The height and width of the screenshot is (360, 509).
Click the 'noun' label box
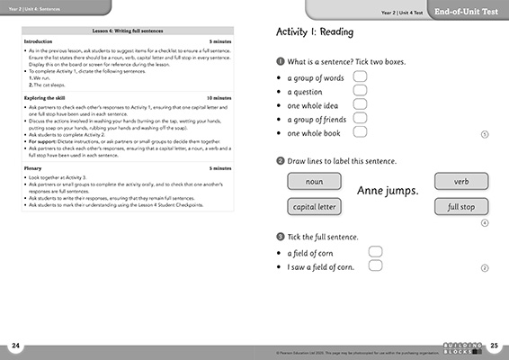click(x=315, y=182)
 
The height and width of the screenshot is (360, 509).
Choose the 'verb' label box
click(x=461, y=182)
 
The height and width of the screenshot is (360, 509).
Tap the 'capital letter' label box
click(x=315, y=207)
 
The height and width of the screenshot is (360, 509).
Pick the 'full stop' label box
click(x=461, y=207)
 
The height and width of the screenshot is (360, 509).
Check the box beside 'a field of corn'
click(x=376, y=252)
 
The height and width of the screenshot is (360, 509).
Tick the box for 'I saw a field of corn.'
click(x=376, y=266)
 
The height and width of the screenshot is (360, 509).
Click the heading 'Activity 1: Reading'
click(x=314, y=32)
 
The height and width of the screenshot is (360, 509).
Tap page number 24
click(x=15, y=346)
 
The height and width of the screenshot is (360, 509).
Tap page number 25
click(x=493, y=346)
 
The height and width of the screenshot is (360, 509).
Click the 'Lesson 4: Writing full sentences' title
click(x=127, y=31)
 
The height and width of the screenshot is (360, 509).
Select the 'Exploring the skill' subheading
click(x=49, y=97)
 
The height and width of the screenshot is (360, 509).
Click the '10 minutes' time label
click(x=219, y=97)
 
